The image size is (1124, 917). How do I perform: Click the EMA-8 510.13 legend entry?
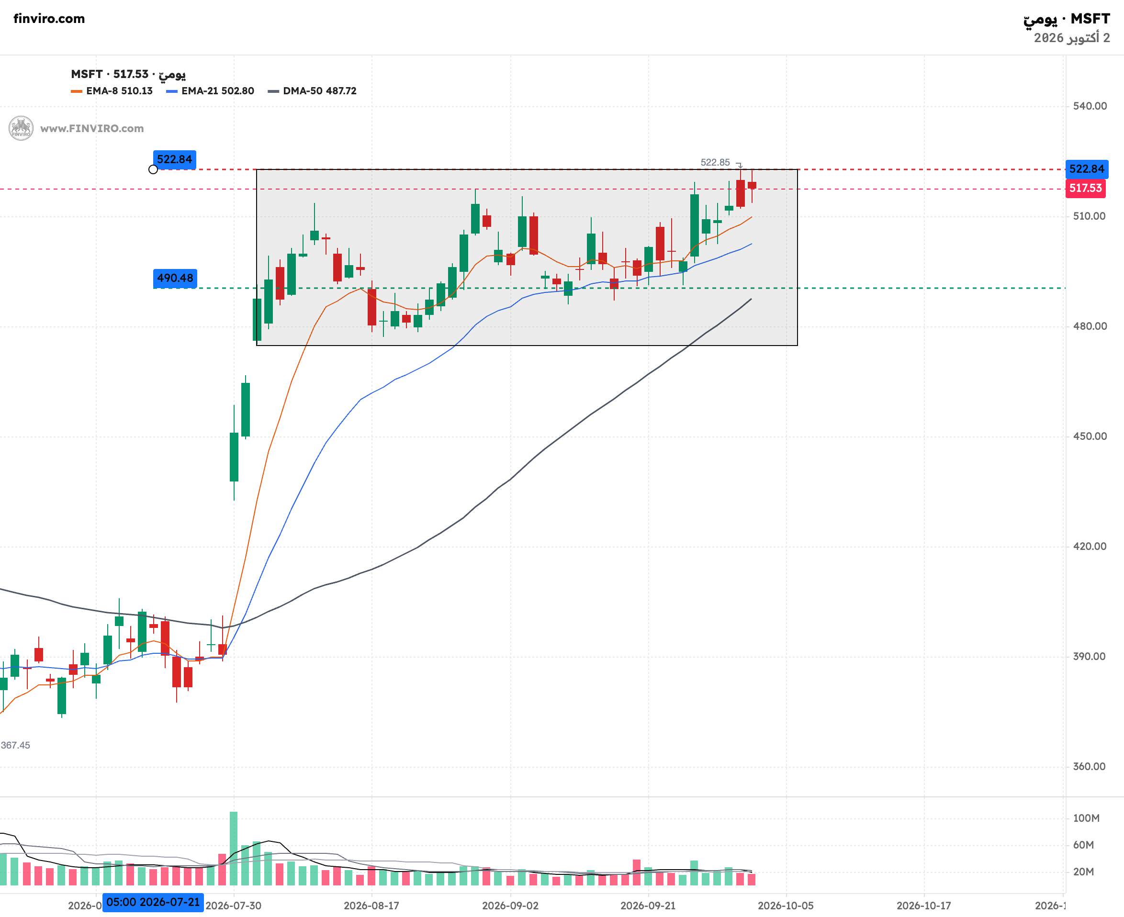tap(112, 91)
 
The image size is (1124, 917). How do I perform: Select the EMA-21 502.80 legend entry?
tap(210, 91)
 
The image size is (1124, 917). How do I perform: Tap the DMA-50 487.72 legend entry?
tap(312, 91)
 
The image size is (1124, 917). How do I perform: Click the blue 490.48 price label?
tap(175, 278)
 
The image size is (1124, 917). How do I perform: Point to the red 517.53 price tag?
tap(1085, 188)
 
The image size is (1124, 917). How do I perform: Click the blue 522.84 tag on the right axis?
tap(1087, 169)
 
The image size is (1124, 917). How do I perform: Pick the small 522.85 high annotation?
tap(715, 162)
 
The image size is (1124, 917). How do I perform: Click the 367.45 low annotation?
tap(15, 745)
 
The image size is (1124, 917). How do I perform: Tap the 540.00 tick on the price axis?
tap(1090, 106)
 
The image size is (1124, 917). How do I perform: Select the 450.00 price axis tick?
tap(1090, 436)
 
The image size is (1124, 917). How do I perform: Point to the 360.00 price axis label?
tap(1089, 766)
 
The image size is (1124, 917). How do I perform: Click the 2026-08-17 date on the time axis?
tap(371, 906)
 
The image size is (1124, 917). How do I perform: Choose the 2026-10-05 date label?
tap(786, 906)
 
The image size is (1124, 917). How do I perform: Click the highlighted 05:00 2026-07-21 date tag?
tap(153, 902)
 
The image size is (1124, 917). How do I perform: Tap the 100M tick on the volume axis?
tap(1086, 818)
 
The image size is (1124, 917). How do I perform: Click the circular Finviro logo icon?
tap(21, 128)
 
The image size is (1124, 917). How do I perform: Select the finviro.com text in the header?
tap(49, 19)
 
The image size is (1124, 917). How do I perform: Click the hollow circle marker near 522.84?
tap(153, 169)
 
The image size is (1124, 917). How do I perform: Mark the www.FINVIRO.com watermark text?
tap(92, 128)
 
